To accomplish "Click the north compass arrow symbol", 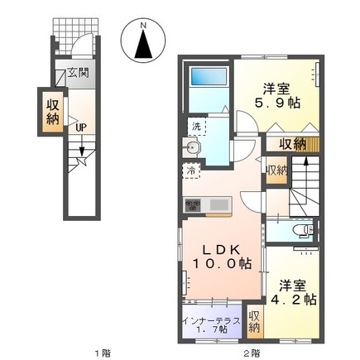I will (x=143, y=41).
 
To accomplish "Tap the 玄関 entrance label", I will (x=79, y=72).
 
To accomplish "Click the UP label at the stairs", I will (x=81, y=127).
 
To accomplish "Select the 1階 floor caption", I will (x=102, y=353).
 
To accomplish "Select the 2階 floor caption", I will (x=251, y=353).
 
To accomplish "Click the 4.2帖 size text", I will (x=293, y=299).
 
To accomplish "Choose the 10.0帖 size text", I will (x=222, y=264).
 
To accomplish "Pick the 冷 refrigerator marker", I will (x=190, y=171).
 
